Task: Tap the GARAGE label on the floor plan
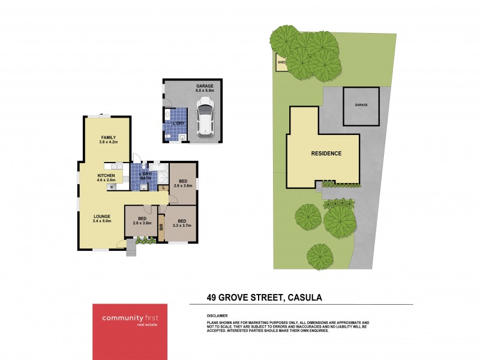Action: coord(205,86)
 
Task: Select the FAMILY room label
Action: coord(108,137)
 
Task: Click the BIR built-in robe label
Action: coord(161,228)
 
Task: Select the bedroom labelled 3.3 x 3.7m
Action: coord(181,223)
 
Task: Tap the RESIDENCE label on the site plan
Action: coord(326,154)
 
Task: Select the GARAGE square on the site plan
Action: coord(361,106)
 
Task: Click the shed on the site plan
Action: coord(280,62)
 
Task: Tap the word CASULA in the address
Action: coord(310,296)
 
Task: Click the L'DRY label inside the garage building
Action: coord(178,124)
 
